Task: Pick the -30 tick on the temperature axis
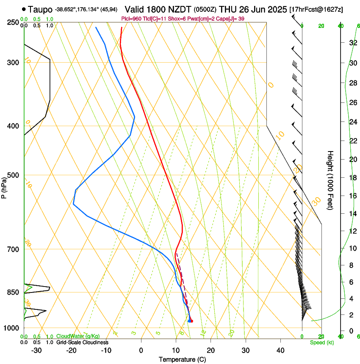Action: [x=36, y=350]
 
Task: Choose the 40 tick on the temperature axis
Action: [x=280, y=350]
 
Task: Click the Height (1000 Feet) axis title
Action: [x=330, y=180]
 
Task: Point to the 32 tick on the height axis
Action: [x=352, y=43]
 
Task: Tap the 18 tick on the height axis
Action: [x=352, y=178]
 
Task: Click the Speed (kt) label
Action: [x=321, y=342]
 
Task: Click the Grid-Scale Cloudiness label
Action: [x=82, y=342]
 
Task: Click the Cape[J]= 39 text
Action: [x=232, y=18]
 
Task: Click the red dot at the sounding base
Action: [x=192, y=321]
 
